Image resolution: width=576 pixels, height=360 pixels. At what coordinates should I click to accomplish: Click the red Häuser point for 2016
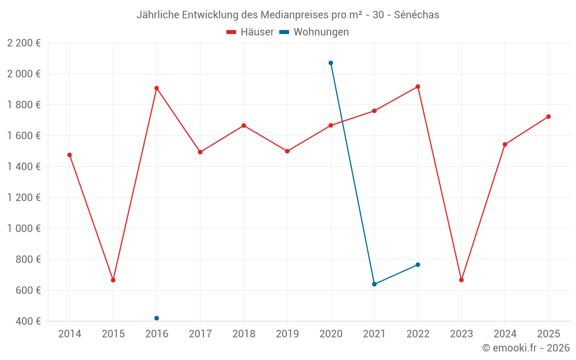[x=157, y=88]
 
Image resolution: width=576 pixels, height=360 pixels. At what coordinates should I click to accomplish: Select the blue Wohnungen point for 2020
[x=331, y=63]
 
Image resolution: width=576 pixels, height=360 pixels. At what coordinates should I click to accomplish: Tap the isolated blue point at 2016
[x=157, y=318]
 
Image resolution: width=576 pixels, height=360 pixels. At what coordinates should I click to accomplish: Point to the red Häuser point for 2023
[x=461, y=280]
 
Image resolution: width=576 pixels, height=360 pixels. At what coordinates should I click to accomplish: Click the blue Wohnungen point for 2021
[x=374, y=284]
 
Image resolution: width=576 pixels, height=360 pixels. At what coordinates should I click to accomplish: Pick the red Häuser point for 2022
[x=418, y=86]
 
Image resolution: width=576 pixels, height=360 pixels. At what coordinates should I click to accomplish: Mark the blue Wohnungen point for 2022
[x=418, y=264]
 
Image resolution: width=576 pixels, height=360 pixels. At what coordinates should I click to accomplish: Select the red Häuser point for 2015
[x=113, y=280]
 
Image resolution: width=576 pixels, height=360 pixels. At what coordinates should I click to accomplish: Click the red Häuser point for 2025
[x=548, y=116]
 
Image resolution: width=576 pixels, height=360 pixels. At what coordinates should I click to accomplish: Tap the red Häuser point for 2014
[x=70, y=155]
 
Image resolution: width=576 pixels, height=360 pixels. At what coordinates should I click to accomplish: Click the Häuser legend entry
[x=250, y=32]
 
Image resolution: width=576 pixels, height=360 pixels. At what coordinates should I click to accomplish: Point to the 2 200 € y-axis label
[x=24, y=43]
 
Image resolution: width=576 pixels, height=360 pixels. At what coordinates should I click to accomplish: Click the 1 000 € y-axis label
[x=24, y=228]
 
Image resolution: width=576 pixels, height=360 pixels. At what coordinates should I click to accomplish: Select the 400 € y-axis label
[x=28, y=321]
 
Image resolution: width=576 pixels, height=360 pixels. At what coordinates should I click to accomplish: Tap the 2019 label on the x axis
[x=287, y=334]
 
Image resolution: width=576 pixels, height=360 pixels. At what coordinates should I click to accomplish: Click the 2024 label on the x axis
[x=505, y=334]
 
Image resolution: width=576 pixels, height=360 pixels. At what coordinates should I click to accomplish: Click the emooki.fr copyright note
[x=526, y=348]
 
